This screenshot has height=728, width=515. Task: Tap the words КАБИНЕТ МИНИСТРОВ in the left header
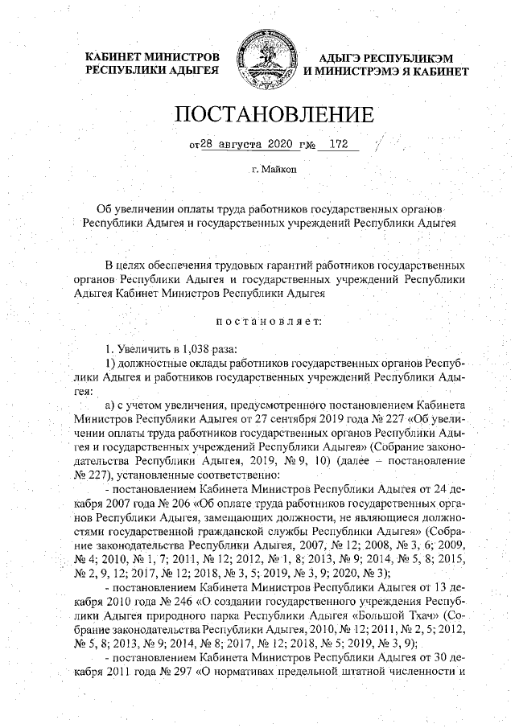(152, 57)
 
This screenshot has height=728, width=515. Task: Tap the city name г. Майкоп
(274, 171)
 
